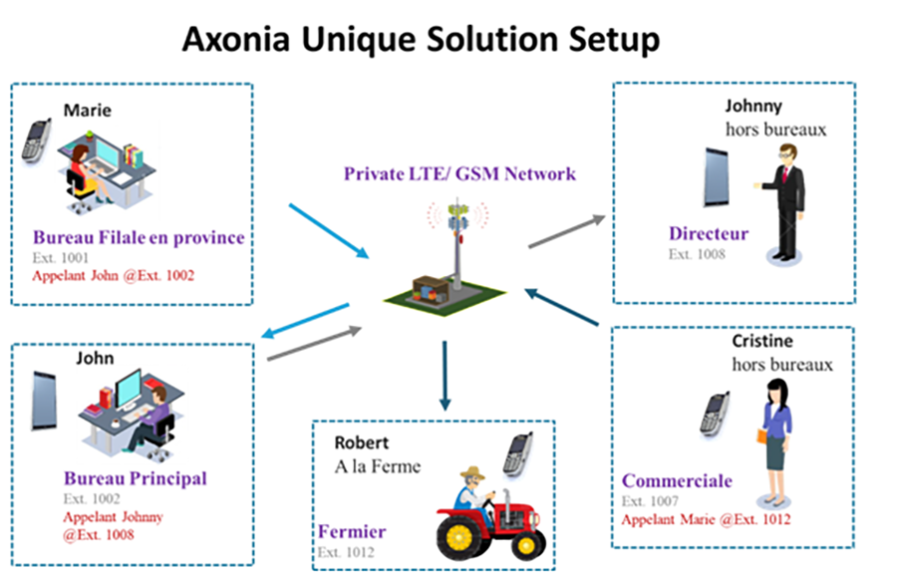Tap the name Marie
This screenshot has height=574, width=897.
click(87, 110)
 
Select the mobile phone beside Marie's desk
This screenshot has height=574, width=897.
click(36, 141)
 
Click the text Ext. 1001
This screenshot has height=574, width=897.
click(60, 258)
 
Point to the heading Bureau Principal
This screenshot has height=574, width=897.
click(135, 478)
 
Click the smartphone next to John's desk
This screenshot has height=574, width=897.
click(45, 401)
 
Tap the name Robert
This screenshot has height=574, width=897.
click(361, 442)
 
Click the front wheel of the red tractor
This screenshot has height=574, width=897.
click(458, 537)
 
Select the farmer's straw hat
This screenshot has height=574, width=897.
click(472, 472)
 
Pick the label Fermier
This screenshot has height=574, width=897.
click(352, 532)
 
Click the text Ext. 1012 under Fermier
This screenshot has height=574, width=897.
click(346, 552)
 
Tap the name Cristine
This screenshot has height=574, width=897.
click(762, 341)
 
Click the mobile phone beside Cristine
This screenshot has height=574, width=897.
click(715, 414)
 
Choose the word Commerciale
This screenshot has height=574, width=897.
click(677, 480)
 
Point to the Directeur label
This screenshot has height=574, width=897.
click(709, 233)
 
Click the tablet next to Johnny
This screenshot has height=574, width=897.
click(717, 177)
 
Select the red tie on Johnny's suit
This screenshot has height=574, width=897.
click(785, 173)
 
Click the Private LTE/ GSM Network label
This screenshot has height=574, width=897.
click(459, 173)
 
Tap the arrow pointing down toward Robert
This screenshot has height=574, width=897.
click(445, 376)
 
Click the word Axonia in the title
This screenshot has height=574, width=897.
click(235, 40)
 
